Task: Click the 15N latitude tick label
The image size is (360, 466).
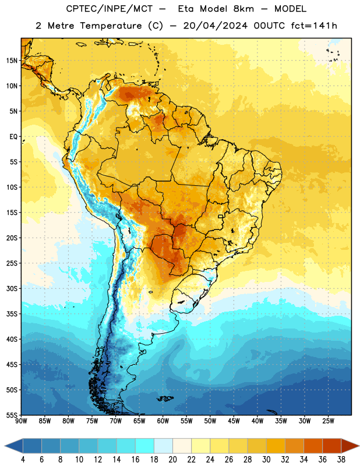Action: [12, 61]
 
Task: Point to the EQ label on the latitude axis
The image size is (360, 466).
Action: [13, 137]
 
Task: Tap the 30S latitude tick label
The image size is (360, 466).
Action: [12, 288]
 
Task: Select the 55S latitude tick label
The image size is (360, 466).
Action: [12, 415]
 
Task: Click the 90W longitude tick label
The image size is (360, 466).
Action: [21, 421]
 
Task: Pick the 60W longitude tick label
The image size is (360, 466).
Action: [163, 421]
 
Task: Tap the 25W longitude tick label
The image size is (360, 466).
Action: [328, 421]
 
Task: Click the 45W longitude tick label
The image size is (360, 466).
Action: [234, 421]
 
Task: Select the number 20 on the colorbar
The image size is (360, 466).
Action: [172, 460]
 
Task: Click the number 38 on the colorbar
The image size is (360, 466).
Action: [341, 460]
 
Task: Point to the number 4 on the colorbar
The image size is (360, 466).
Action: [23, 460]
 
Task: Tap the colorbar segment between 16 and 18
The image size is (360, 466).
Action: [145, 446]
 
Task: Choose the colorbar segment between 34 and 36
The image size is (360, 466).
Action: [313, 446]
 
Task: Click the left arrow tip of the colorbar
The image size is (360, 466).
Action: [5, 446]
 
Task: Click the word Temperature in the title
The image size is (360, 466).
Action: [111, 26]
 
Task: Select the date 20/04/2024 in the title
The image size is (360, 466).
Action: [215, 26]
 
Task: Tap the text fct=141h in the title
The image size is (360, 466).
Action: [314, 26]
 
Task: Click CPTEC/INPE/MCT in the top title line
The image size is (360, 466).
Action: [109, 9]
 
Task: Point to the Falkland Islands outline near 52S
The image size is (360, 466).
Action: [165, 398]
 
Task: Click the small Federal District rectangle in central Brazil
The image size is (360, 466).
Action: [221, 216]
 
